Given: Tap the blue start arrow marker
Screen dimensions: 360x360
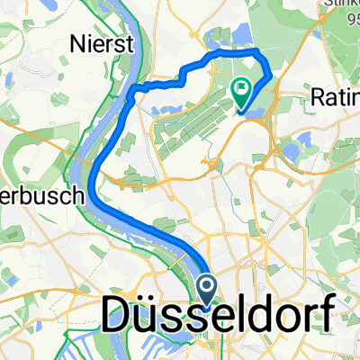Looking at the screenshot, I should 207,289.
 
